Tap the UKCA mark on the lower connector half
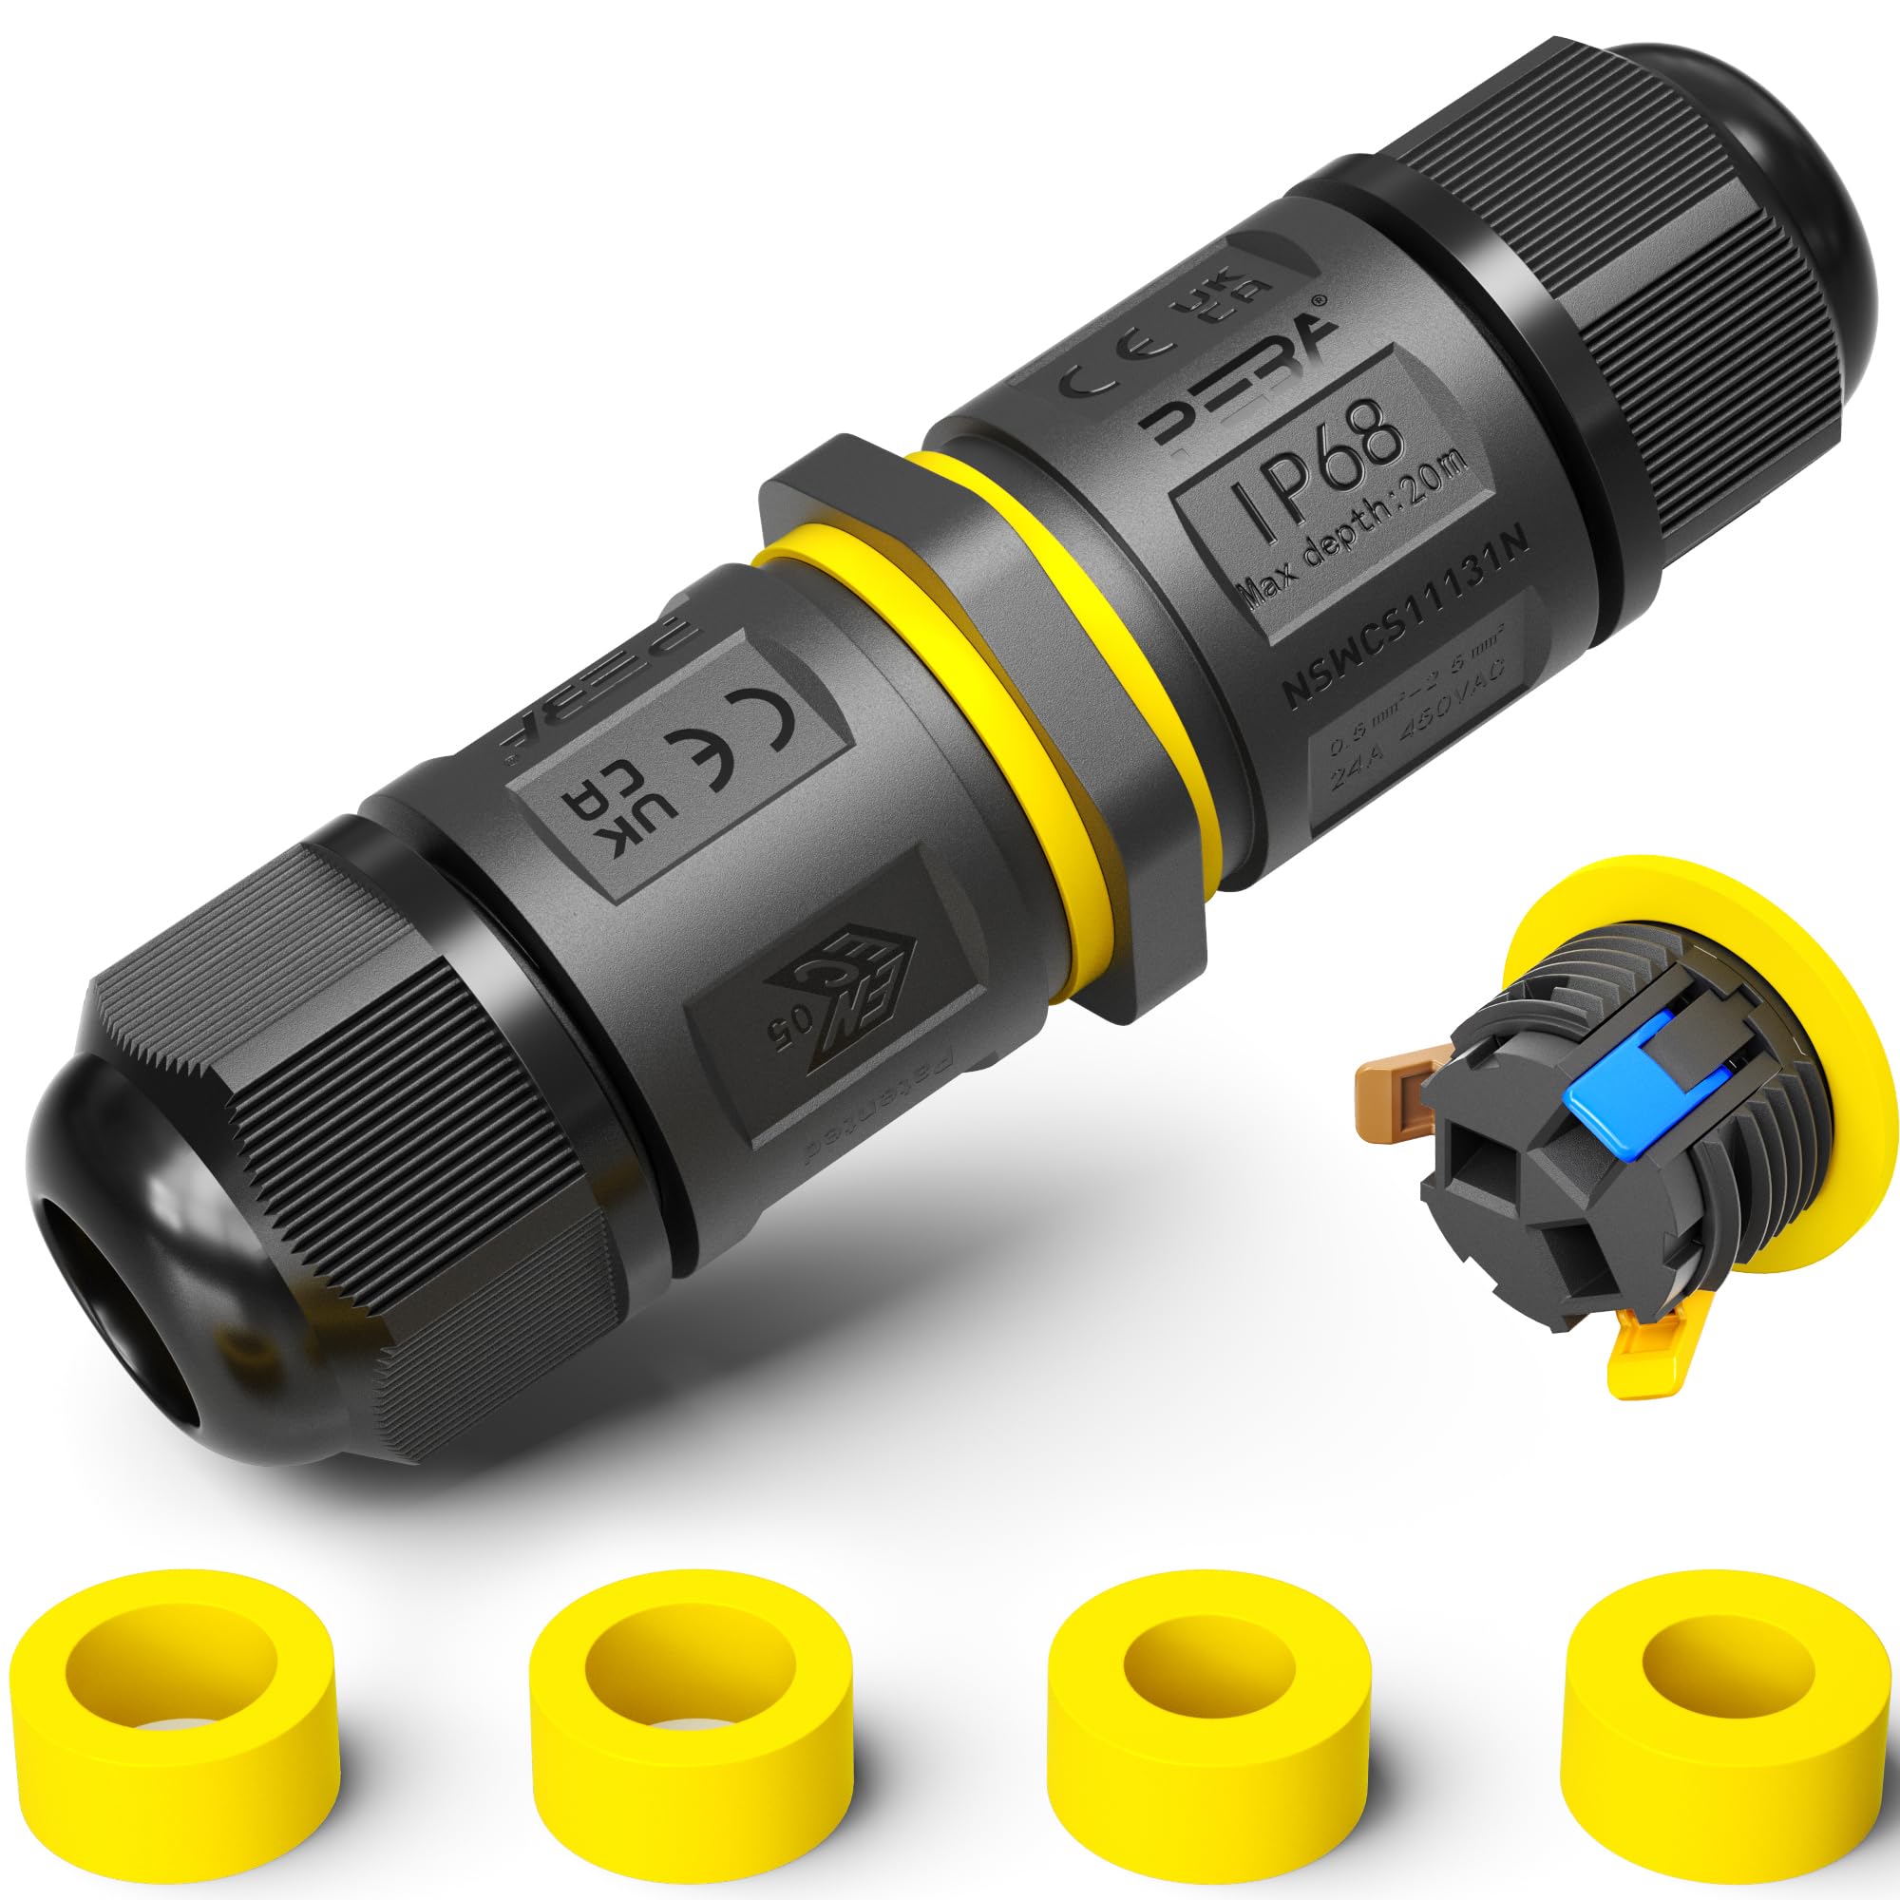point(590,826)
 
